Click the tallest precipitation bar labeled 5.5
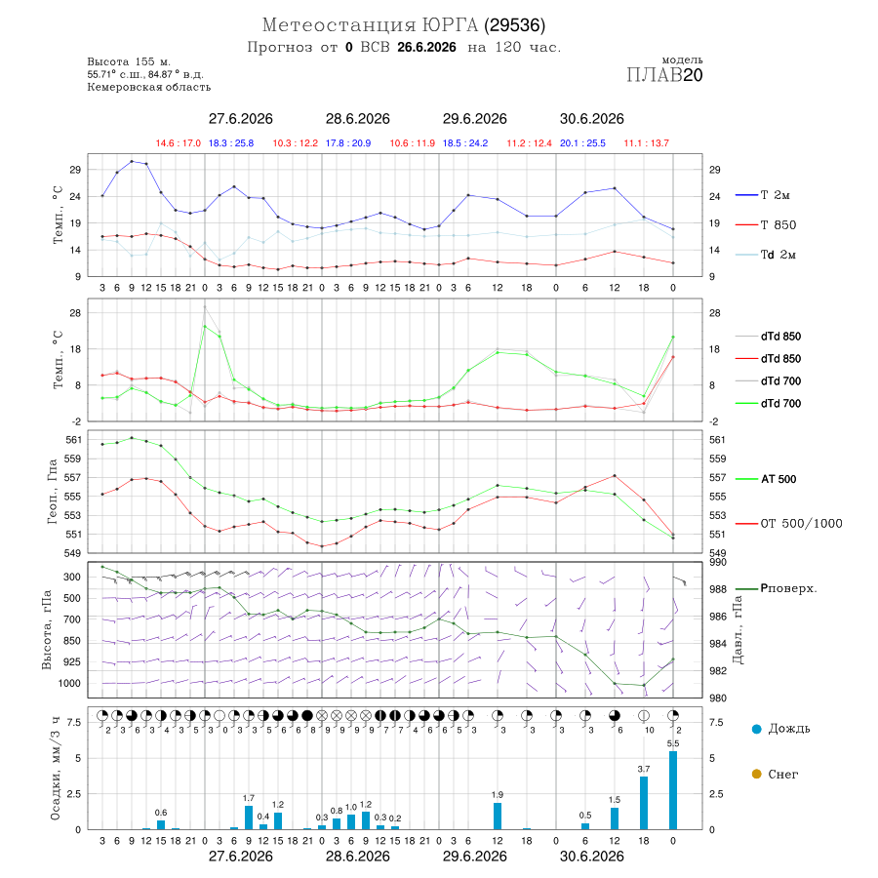[x=673, y=790]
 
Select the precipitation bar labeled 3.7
[x=644, y=803]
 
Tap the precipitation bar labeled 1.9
[x=498, y=816]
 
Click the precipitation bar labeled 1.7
[x=249, y=818]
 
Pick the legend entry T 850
[x=766, y=225]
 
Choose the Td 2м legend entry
[x=766, y=255]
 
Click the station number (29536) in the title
[x=514, y=25]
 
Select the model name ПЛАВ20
[x=664, y=75]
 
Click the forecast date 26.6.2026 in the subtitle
[x=426, y=48]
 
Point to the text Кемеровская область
[x=149, y=87]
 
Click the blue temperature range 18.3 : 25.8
[x=231, y=143]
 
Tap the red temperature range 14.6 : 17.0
[x=179, y=143]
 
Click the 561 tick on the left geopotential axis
[x=73, y=440]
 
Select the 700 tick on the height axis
[x=71, y=619]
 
